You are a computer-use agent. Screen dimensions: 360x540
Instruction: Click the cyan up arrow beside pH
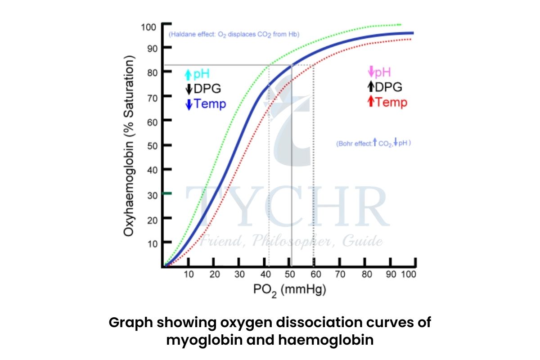click(x=189, y=75)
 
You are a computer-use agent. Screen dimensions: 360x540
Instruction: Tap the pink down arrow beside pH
click(x=371, y=72)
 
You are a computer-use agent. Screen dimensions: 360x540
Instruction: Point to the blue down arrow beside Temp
click(x=189, y=104)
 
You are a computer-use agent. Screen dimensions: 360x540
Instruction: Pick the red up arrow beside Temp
click(x=371, y=102)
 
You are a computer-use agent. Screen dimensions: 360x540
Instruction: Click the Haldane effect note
click(x=234, y=34)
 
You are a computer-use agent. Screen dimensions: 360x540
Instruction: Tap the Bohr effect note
click(x=373, y=144)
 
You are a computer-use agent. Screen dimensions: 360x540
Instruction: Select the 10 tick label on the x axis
click(x=189, y=274)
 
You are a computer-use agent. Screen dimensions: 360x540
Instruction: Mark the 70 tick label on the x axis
click(x=341, y=274)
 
